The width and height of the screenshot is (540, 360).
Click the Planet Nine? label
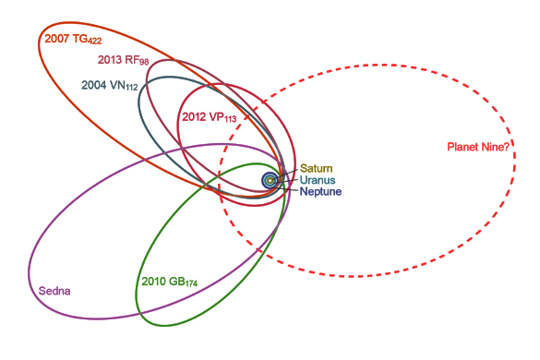(x=478, y=146)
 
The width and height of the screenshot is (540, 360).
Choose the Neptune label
(x=321, y=191)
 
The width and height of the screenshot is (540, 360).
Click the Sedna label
(x=54, y=291)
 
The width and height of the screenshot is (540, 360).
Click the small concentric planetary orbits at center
(x=271, y=181)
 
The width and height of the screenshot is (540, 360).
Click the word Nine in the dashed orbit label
(x=489, y=146)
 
